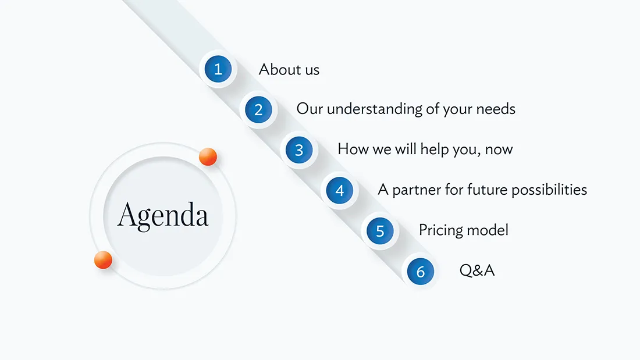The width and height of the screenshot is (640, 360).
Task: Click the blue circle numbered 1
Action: [x=218, y=69]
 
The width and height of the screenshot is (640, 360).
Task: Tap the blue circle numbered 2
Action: [x=258, y=109]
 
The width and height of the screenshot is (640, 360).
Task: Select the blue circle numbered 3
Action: [x=299, y=150]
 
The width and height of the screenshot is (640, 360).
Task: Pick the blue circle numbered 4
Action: [x=339, y=190]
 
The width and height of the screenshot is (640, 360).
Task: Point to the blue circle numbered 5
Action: [x=380, y=231]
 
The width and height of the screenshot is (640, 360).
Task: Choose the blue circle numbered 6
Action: [x=421, y=272]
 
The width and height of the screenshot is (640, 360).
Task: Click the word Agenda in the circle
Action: [x=163, y=216]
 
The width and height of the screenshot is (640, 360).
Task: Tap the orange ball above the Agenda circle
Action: [x=208, y=156]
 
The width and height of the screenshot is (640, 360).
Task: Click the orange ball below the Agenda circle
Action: [x=103, y=260]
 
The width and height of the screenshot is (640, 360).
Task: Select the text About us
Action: [x=289, y=69]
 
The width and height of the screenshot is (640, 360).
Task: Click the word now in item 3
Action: [x=499, y=150]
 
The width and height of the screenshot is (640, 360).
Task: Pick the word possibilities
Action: [x=549, y=190]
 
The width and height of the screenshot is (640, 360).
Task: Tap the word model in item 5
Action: [x=488, y=230]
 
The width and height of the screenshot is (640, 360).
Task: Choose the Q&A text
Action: [x=477, y=270]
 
